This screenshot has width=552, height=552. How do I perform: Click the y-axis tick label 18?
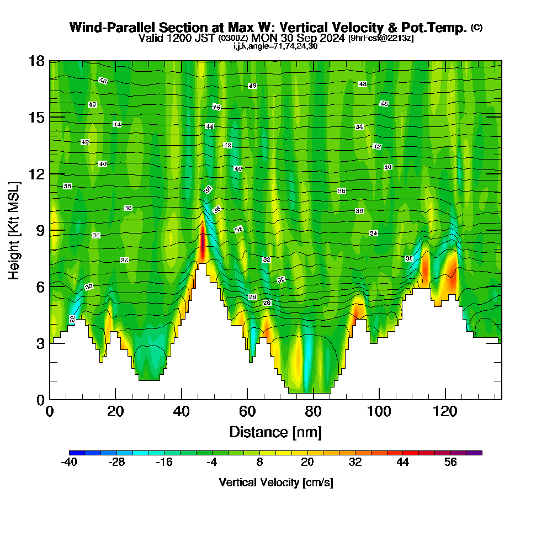(x=37, y=61)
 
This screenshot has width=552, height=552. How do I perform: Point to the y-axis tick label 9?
(x=40, y=230)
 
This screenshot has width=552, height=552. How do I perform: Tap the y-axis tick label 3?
(x=40, y=343)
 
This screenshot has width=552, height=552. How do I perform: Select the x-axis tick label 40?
(x=181, y=411)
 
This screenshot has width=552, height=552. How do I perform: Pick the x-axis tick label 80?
(x=313, y=411)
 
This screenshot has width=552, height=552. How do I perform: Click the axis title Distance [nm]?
(x=275, y=431)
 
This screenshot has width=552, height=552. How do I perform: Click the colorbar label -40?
(x=68, y=463)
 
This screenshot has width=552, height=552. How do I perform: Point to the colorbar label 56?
(x=450, y=463)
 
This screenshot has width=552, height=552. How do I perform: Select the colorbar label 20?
(x=307, y=463)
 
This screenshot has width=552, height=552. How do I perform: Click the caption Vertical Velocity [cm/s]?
(x=275, y=482)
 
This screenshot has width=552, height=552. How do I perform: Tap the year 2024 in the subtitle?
(x=331, y=38)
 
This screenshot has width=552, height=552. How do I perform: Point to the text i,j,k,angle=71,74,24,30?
(x=275, y=46)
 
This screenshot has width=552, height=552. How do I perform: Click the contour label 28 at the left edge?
(x=72, y=319)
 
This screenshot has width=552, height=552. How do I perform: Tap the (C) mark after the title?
(x=476, y=28)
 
